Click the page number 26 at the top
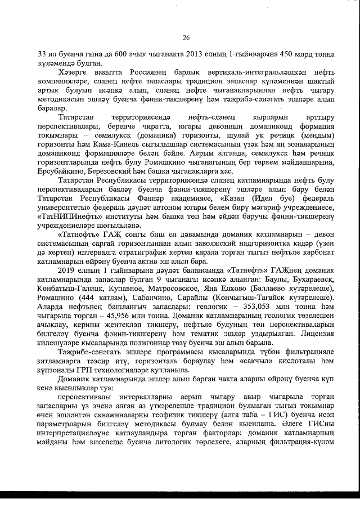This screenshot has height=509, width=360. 186,37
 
